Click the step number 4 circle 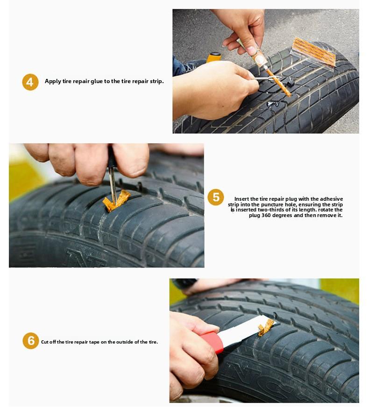(x=30, y=82)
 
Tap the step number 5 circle (x=215, y=197)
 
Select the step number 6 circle (x=30, y=341)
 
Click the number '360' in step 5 (x=275, y=216)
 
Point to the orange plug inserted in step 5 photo (x=116, y=201)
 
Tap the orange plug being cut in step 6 (x=266, y=327)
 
